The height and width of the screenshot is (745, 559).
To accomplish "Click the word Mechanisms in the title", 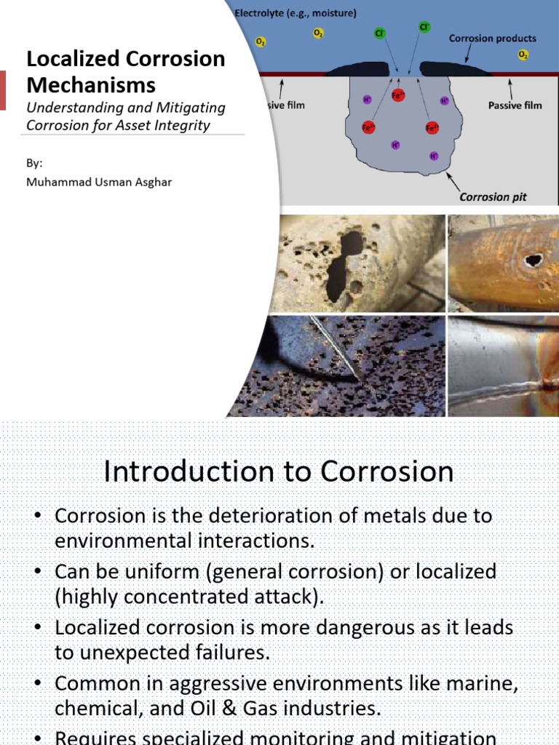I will click(91, 85).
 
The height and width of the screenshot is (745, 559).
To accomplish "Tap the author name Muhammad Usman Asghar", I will click(100, 182).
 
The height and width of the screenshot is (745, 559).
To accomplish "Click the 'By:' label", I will click(35, 163).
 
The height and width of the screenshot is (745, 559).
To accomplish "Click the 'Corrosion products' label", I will click(493, 38).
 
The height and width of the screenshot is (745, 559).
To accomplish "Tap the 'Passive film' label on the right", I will click(515, 105).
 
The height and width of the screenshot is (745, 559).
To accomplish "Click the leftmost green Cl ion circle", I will click(379, 33).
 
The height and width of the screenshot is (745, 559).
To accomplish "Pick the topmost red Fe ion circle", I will click(397, 95).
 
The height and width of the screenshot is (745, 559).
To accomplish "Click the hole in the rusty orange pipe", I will click(534, 259).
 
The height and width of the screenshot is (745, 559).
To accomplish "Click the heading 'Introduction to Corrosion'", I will click(279, 472).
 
